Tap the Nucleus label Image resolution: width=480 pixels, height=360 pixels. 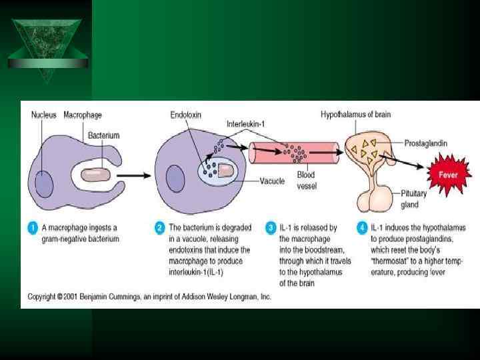click(44, 115)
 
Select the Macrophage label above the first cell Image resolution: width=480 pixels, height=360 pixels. click(83, 115)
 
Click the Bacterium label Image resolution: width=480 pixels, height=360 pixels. click(103, 135)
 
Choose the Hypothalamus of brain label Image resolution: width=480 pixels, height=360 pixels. click(355, 115)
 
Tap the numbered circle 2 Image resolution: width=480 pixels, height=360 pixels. click(159, 228)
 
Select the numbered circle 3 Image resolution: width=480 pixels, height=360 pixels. click(269, 228)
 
